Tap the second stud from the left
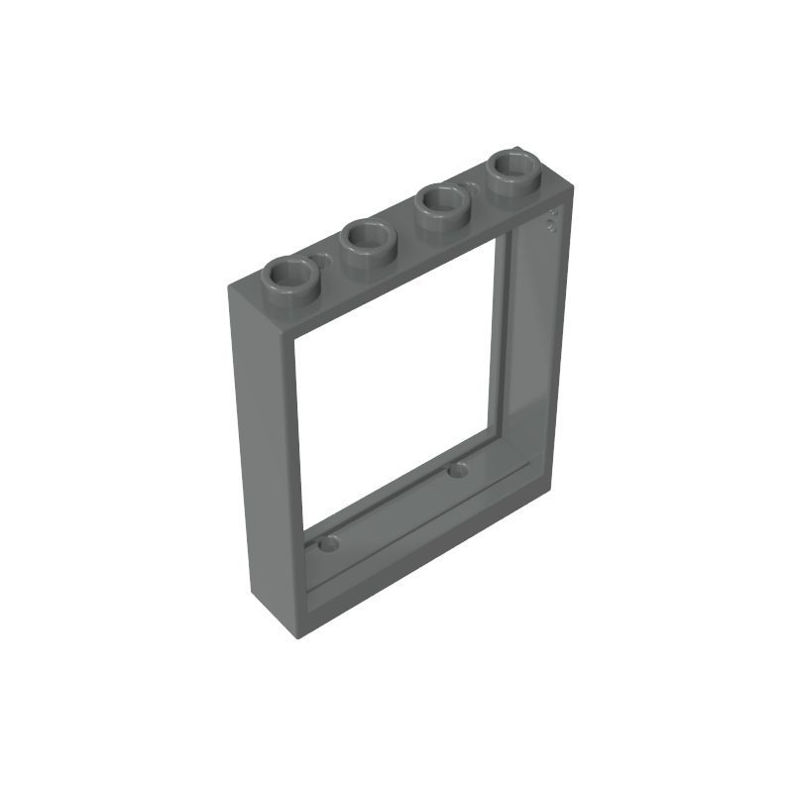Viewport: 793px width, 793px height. tap(368, 241)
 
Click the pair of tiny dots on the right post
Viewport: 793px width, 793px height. tap(552, 219)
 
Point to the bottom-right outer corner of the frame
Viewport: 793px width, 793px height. tap(548, 488)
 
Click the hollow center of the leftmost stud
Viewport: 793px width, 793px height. tap(291, 269)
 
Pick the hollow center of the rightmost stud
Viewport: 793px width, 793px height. tap(513, 162)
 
